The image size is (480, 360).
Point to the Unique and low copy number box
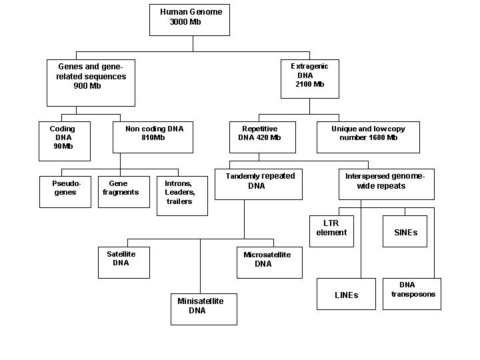point(368,137)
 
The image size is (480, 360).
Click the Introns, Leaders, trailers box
point(182,195)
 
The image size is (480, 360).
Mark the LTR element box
point(331,231)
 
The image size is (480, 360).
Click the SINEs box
point(405,231)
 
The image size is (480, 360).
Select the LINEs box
point(346,293)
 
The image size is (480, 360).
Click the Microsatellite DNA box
point(269,262)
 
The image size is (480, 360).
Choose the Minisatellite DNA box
point(203,309)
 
